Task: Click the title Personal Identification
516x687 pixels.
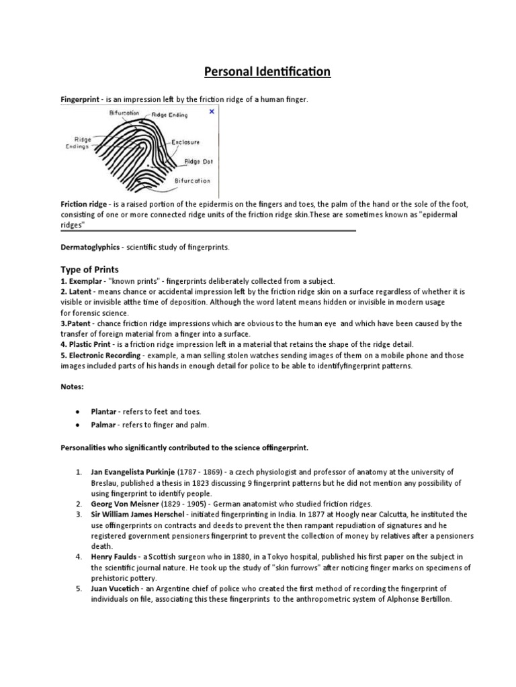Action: (258, 71)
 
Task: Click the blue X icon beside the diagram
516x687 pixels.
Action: (212, 111)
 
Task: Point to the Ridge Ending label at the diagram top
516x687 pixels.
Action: (171, 115)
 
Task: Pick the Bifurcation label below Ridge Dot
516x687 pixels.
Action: (192, 180)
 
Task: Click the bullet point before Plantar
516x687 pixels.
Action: (79, 412)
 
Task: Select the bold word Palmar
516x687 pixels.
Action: (104, 425)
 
